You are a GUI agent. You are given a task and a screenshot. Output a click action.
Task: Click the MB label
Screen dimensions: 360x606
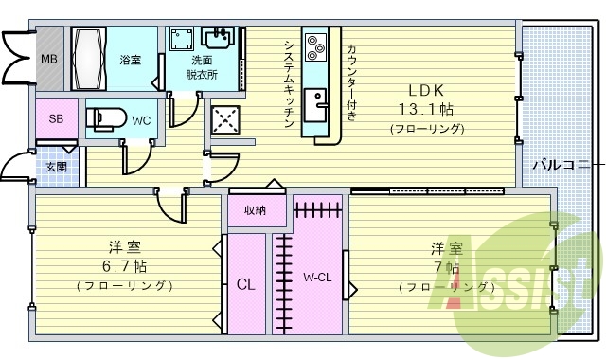point(47,59)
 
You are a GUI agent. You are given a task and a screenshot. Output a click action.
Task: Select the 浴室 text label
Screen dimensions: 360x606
point(131,60)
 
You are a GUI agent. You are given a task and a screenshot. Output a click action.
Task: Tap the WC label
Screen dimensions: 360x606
point(141,120)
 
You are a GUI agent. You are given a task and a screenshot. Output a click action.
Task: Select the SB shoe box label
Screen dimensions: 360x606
point(56,119)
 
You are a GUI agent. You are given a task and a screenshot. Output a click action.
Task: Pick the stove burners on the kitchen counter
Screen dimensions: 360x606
point(316,45)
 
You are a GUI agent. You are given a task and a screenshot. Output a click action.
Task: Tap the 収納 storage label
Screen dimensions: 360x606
point(255,209)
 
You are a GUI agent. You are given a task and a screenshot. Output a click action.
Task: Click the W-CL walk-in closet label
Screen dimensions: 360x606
point(317,278)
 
